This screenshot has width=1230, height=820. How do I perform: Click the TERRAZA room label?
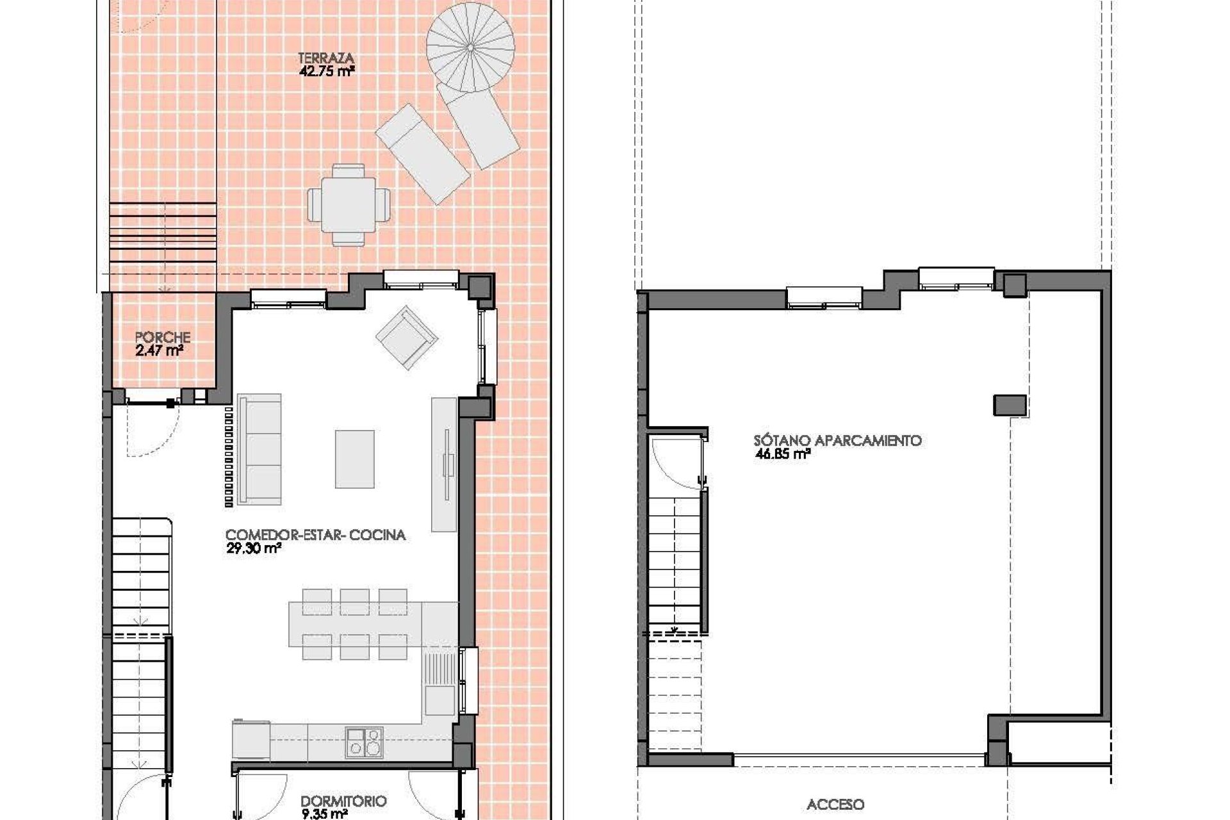[326, 58]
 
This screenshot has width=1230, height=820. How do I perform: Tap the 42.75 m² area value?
[326, 71]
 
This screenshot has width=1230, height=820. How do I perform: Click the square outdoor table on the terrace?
[348, 205]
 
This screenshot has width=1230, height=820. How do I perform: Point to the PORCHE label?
[163, 337]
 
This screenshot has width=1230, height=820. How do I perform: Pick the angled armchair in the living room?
[407, 337]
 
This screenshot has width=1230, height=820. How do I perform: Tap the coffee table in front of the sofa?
[354, 458]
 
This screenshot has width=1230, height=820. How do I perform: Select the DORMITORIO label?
[343, 801]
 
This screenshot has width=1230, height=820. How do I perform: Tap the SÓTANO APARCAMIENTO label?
[837, 441]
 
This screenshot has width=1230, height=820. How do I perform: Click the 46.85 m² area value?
[783, 455]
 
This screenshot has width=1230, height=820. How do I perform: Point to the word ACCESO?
[835, 805]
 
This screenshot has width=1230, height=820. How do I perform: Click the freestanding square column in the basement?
[1010, 405]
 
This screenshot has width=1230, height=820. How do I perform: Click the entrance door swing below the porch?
[152, 430]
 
